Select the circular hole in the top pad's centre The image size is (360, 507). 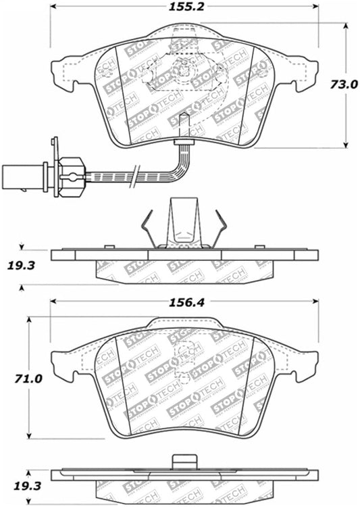tap(184, 68)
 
